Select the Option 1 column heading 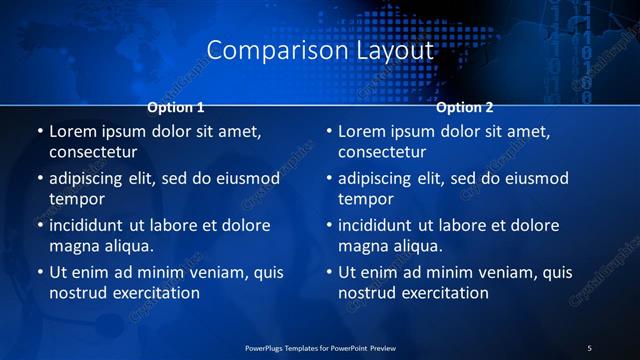[176, 107]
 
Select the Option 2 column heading [465, 107]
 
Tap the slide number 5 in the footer [589, 347]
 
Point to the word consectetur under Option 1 [92, 153]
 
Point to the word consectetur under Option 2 [382, 153]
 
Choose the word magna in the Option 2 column [363, 246]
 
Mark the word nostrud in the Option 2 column [369, 293]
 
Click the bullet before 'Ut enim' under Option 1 [40, 272]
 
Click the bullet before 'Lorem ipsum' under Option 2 [330, 131]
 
